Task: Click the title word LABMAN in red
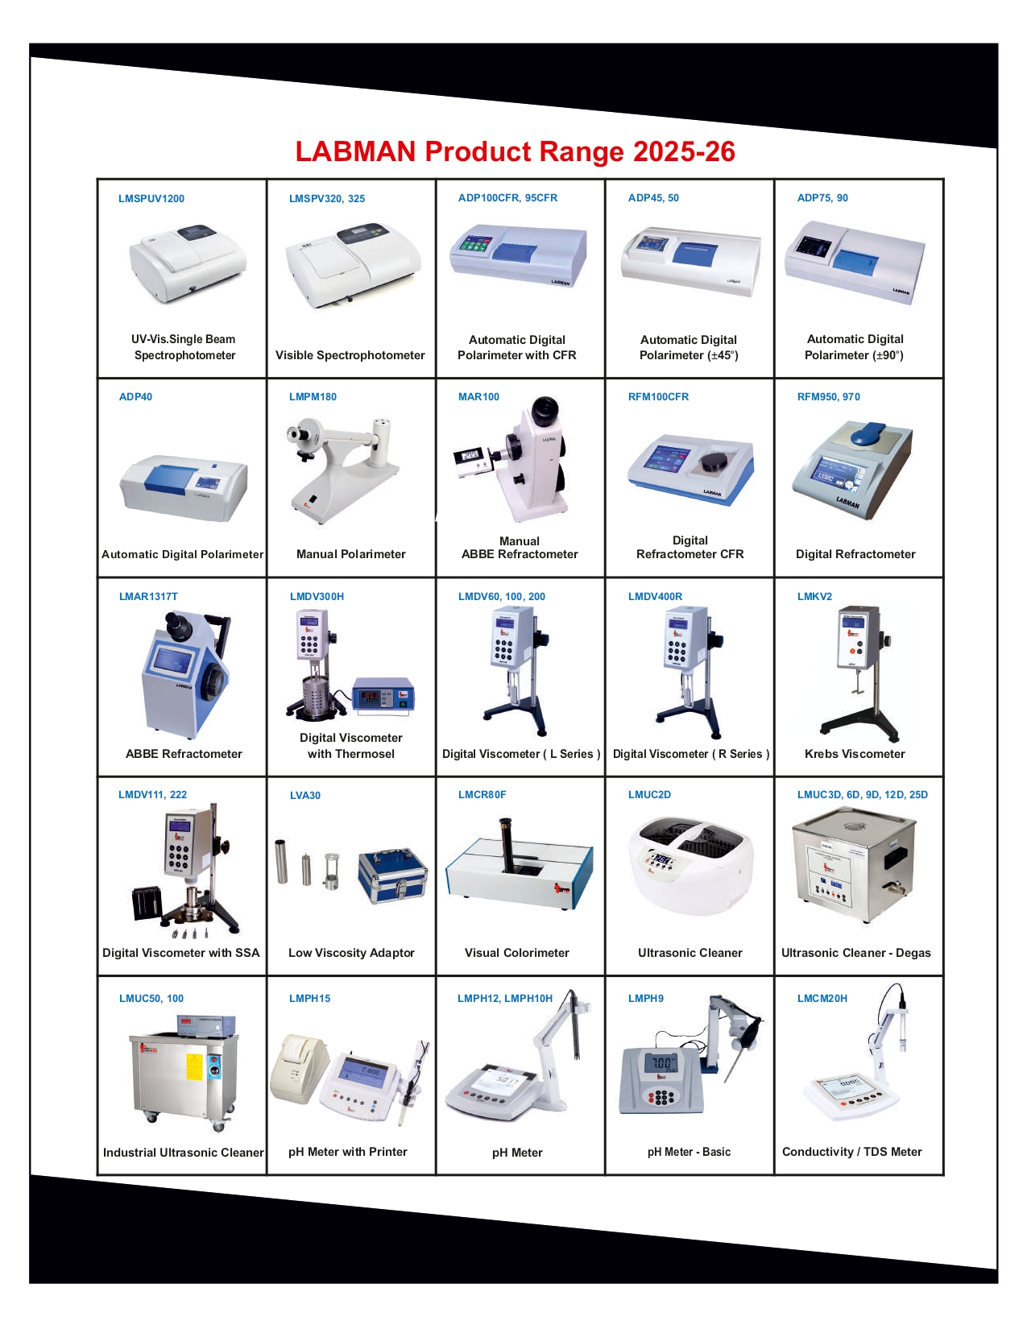point(355,151)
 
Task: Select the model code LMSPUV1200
point(151,199)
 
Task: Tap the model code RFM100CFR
point(658,397)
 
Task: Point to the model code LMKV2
point(814,597)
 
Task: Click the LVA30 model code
point(305,796)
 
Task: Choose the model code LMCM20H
point(822,999)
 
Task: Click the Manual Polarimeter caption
point(351,554)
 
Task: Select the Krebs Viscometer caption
point(855,754)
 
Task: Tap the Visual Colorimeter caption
point(517,953)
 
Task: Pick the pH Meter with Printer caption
point(348,1152)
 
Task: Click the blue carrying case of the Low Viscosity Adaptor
point(392,875)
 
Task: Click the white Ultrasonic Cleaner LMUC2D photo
point(690,866)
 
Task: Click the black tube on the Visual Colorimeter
point(508,846)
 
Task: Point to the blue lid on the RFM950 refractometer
point(872,433)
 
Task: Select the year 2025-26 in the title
point(684,151)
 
